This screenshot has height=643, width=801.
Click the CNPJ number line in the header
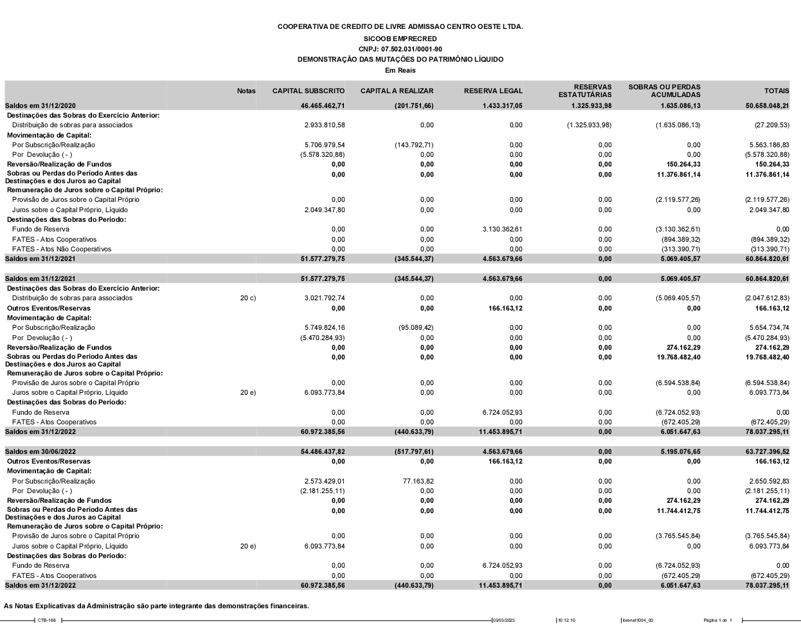pos(400,49)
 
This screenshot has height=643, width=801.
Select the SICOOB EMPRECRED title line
pos(400,39)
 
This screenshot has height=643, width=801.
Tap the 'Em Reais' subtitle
pos(400,70)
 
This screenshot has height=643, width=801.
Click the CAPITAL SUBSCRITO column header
pos(309,91)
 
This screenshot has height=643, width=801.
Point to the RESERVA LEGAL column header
pos(493,91)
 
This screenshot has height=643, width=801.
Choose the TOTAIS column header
pos(777,91)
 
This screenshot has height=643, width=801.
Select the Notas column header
pos(246,91)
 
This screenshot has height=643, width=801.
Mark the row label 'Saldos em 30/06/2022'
pos(40,452)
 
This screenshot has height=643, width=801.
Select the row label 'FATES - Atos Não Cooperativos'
pos(62,249)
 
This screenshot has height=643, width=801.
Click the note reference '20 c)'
pos(248,298)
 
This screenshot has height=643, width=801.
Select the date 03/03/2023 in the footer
pos(503,620)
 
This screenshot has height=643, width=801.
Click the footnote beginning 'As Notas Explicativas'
pos(156,606)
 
